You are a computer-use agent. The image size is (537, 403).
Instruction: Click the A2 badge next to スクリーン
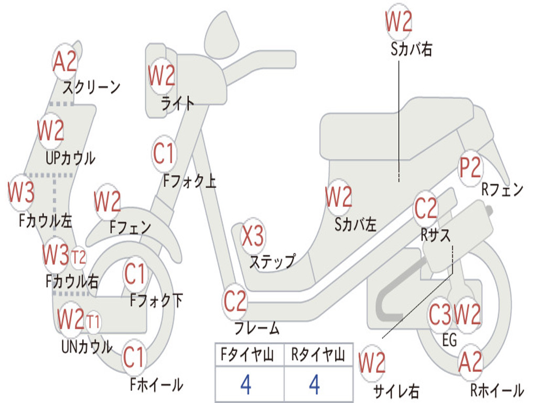(65, 62)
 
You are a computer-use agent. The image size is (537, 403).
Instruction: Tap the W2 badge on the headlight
(162, 76)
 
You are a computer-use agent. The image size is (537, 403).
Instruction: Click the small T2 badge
(79, 257)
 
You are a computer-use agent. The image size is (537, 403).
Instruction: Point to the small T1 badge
(93, 320)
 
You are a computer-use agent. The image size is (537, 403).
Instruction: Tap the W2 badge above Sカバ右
(399, 22)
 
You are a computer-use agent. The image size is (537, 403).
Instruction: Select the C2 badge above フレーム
(235, 301)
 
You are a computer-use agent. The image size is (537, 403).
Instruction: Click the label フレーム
(257, 328)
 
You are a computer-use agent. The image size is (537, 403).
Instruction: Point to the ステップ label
(272, 261)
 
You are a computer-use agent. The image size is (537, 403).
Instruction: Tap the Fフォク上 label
(189, 182)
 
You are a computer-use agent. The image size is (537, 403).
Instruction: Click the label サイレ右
(396, 390)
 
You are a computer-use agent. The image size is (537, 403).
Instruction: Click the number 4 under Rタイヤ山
(314, 385)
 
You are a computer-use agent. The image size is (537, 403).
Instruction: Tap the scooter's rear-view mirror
(221, 33)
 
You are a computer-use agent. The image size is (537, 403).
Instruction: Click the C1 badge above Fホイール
(134, 357)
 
